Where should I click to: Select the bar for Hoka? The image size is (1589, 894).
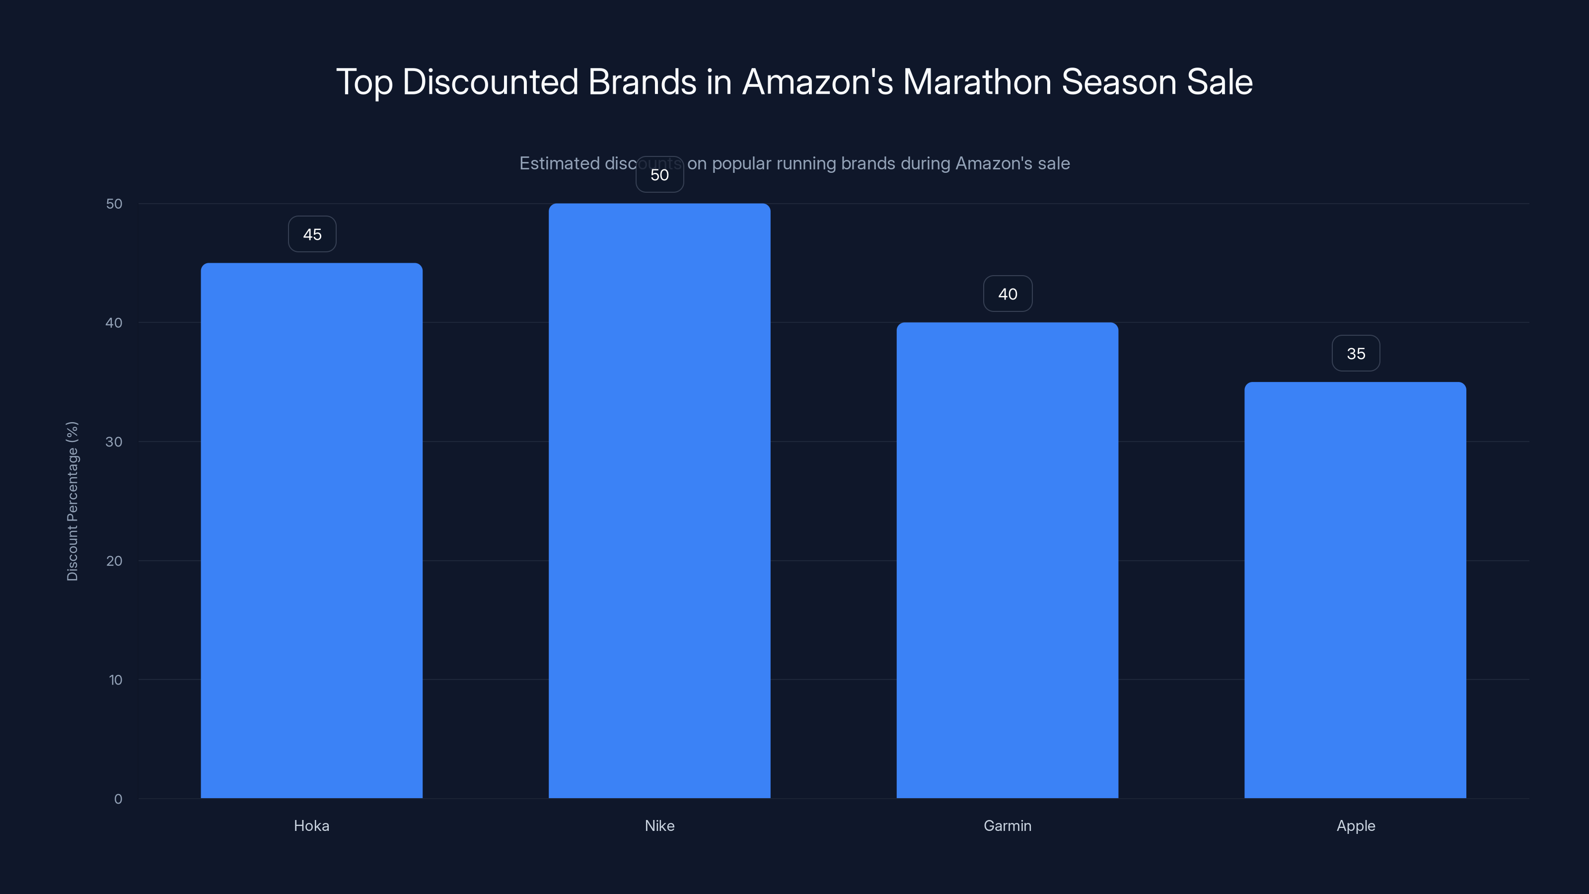coord(311,530)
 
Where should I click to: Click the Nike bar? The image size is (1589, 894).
coord(659,500)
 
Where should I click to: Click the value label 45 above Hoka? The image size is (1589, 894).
coord(312,234)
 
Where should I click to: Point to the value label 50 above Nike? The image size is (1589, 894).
coord(659,175)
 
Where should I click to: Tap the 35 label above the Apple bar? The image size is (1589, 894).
coord(1355,354)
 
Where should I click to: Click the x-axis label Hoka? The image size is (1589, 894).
coord(311,825)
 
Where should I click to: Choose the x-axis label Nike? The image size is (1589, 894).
coord(659,825)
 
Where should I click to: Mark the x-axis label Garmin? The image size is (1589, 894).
coord(1008,825)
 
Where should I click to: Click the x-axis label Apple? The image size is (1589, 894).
coord(1355,825)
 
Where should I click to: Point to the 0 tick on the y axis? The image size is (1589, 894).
coord(118,799)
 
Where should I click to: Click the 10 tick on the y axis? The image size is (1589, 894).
coord(115,680)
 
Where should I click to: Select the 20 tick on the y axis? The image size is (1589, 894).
coord(114,561)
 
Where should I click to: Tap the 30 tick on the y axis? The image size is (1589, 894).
coord(114,442)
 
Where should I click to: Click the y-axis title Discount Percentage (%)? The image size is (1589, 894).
coord(72,501)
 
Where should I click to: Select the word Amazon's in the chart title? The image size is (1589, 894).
coord(817,82)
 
